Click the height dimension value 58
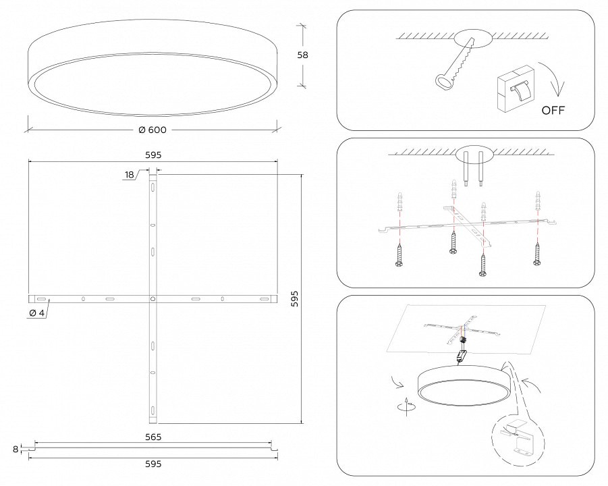point(303,56)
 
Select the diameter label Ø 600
point(153,130)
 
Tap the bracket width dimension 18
point(130,175)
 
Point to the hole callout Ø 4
point(37,313)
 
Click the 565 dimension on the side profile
point(153,437)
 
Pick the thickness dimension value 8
point(16,448)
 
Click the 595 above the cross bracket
point(153,155)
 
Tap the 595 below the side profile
point(153,464)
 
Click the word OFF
point(553,110)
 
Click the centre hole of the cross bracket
point(153,298)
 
